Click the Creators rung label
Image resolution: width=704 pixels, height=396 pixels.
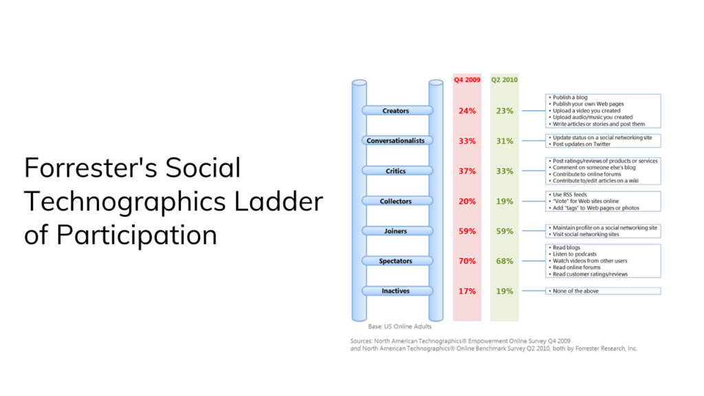point(395,111)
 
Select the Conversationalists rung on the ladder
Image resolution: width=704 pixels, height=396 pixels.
point(395,141)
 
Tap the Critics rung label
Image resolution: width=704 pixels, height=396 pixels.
point(395,171)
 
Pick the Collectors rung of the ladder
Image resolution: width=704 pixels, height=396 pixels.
point(395,201)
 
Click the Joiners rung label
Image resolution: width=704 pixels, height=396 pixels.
point(395,232)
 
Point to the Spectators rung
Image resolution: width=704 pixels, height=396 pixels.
point(395,261)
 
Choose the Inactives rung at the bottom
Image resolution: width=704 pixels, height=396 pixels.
point(395,291)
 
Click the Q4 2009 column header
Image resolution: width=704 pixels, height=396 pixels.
point(467,80)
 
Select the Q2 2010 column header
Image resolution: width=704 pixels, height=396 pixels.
point(504,80)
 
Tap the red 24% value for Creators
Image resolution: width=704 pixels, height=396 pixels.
point(467,111)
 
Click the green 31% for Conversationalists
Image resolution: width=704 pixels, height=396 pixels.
point(505,141)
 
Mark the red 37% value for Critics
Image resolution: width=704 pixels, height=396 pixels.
point(467,171)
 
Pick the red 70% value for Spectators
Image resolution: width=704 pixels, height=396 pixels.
point(467,261)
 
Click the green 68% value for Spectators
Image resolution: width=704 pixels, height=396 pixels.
point(505,261)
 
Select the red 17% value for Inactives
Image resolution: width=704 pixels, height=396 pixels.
point(467,291)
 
